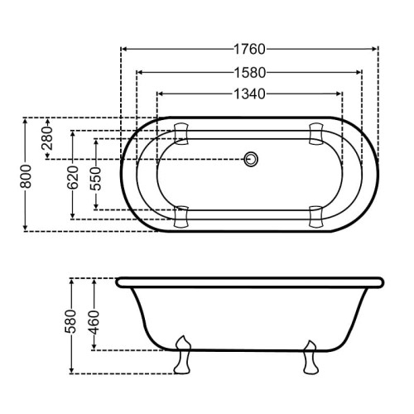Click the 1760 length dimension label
coord(249,49)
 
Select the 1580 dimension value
coord(249,73)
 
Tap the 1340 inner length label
coord(249,94)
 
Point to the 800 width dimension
coord(26,176)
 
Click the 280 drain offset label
coord(47,138)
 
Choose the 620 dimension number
coord(73,177)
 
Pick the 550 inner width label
coord(96,179)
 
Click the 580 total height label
coord(71,321)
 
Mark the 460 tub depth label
coord(94,322)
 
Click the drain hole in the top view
coord(251,159)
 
